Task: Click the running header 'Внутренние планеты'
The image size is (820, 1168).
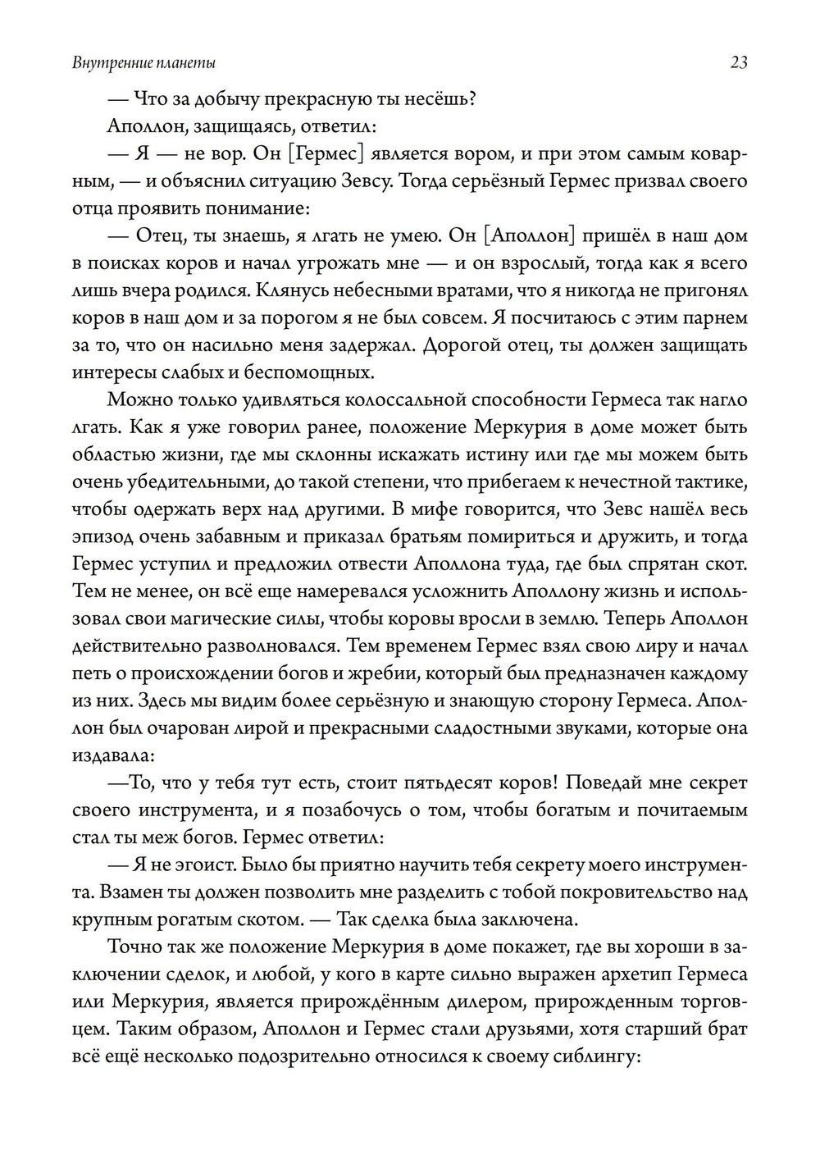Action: point(144,63)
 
